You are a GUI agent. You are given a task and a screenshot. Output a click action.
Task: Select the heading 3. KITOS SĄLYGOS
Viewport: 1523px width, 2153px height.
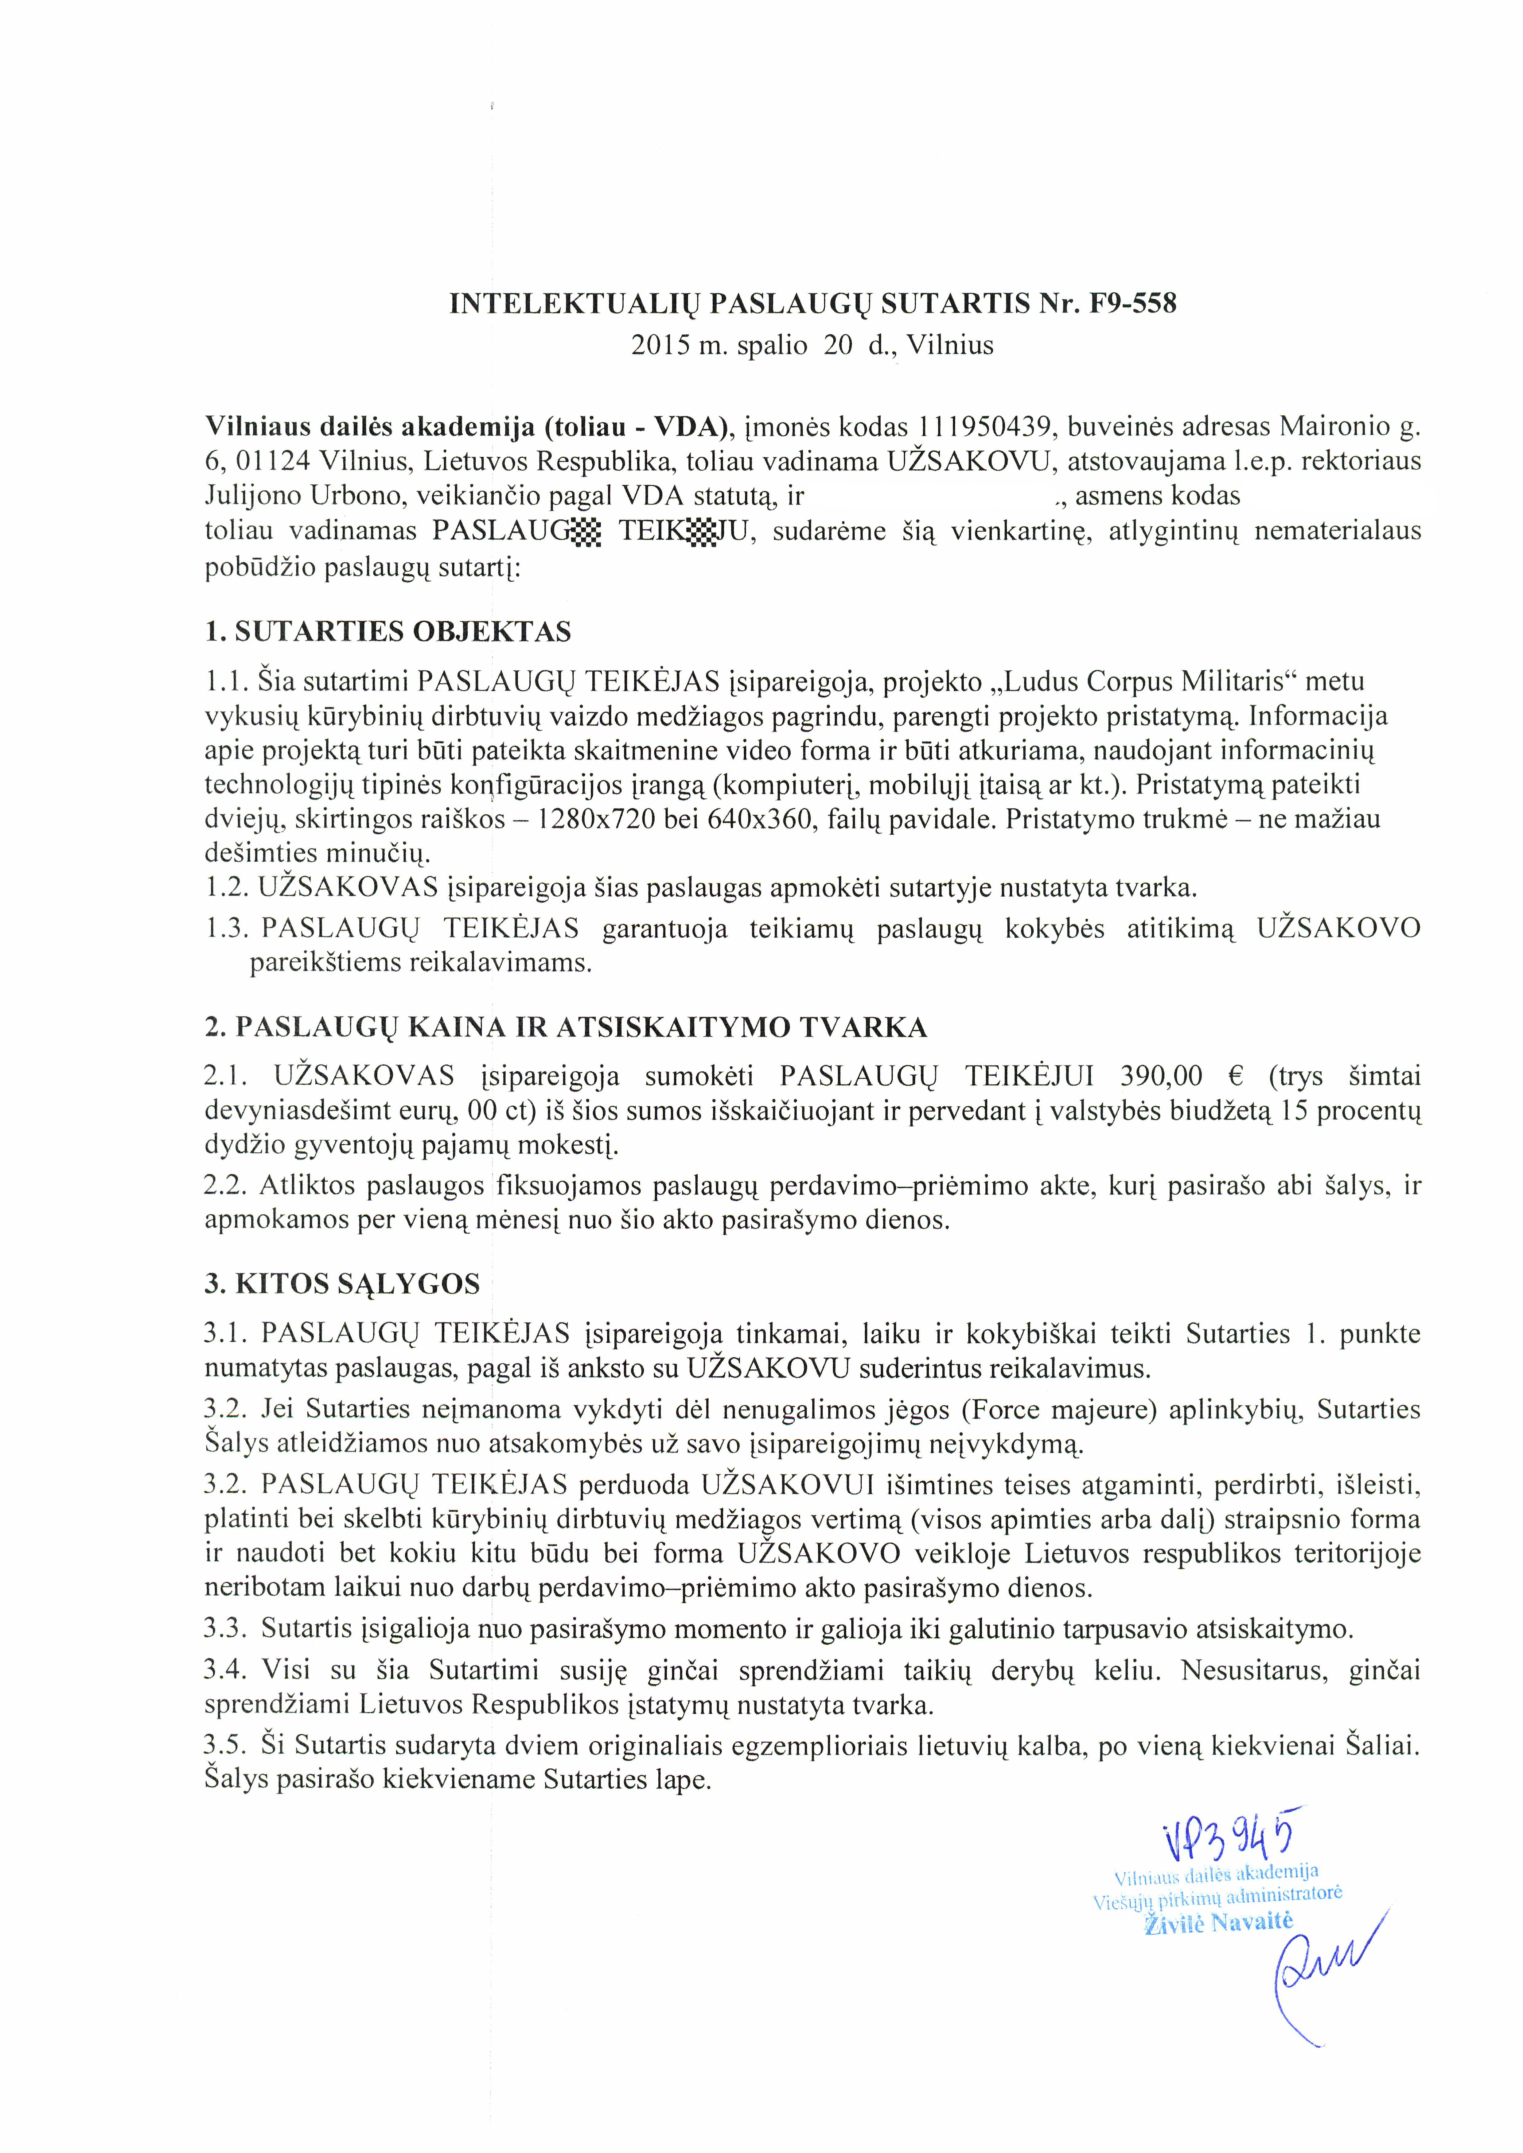click(342, 1284)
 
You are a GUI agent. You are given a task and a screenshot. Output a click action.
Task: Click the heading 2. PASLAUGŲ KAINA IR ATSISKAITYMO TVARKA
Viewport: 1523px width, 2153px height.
click(566, 1028)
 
